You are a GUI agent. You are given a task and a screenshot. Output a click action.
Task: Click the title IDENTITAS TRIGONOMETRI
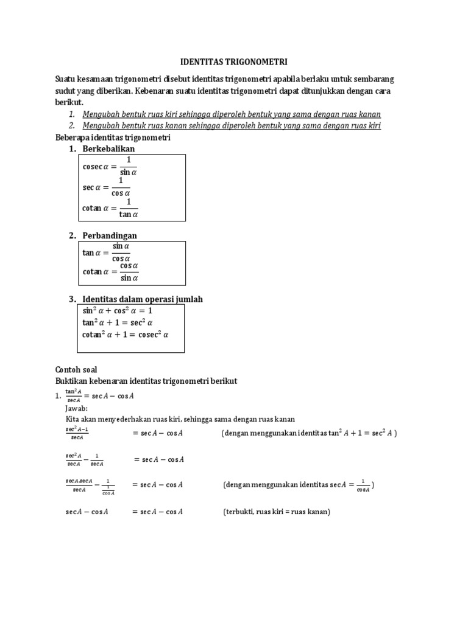235,62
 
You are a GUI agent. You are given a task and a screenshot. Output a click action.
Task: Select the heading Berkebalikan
110,149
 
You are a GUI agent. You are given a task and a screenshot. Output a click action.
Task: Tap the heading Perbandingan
111,235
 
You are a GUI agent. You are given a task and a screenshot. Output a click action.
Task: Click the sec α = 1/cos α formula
110,187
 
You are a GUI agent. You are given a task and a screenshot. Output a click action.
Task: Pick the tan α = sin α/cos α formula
110,252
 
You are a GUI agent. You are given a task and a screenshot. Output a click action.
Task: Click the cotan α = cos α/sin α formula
111,271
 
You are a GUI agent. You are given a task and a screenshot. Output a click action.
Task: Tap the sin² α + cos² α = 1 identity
117,310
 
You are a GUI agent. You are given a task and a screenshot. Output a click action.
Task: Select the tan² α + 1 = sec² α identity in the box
118,322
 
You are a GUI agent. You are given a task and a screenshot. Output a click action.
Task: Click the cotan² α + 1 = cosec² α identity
125,335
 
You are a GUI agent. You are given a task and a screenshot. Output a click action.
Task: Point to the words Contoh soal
76,369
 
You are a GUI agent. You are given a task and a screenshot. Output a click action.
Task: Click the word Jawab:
77,408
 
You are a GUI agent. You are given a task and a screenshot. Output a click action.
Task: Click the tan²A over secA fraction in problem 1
74,395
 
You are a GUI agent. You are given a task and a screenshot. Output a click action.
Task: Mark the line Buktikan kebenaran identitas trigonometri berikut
146,381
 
